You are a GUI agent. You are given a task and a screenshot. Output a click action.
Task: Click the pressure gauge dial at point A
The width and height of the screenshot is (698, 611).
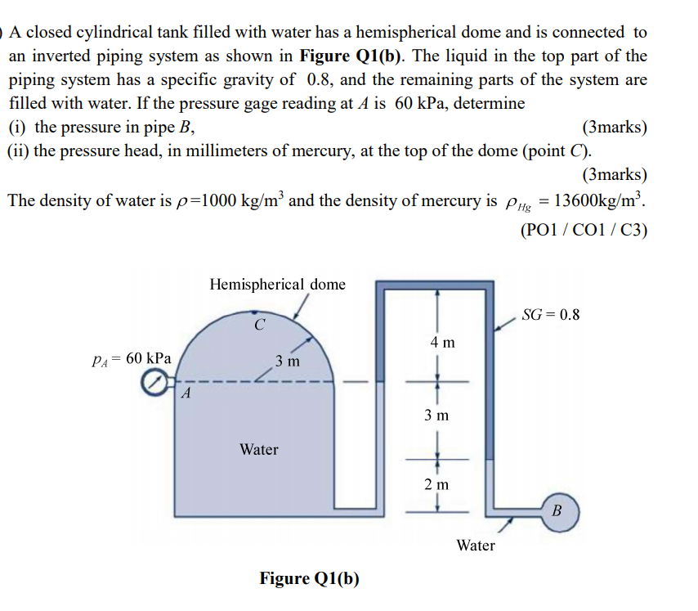[154, 382]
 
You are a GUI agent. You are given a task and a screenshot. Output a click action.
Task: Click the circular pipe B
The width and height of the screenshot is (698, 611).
[557, 511]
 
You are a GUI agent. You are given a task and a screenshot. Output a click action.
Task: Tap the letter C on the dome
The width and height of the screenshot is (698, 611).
[259, 325]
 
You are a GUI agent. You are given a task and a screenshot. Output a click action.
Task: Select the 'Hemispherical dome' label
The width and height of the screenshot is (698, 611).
[277, 285]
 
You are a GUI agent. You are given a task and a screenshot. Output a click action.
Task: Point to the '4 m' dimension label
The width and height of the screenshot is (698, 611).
[442, 342]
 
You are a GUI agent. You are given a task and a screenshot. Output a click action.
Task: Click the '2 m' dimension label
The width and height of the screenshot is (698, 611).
[437, 483]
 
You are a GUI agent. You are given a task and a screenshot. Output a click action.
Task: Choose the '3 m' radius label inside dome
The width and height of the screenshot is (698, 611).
[287, 360]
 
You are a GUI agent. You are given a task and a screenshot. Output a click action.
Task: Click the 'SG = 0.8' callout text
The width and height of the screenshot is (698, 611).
[550, 315]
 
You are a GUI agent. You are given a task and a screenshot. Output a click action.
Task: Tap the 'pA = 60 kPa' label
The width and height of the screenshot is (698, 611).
[132, 358]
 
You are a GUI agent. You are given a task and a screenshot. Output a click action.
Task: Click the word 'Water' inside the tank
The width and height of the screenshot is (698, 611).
[259, 449]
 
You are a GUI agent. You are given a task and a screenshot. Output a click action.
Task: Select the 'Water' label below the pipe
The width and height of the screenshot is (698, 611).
[476, 545]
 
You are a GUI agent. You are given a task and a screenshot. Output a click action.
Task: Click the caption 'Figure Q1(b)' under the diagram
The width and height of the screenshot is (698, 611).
[309, 579]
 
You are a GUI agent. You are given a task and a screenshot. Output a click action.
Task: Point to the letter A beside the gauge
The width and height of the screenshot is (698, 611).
[186, 394]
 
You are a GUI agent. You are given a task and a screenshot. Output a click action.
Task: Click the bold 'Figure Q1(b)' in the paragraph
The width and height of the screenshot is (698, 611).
[353, 56]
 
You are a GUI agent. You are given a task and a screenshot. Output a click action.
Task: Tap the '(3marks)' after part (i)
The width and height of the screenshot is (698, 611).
[614, 128]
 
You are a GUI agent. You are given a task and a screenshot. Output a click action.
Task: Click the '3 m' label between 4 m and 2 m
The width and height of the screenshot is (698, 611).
[437, 415]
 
